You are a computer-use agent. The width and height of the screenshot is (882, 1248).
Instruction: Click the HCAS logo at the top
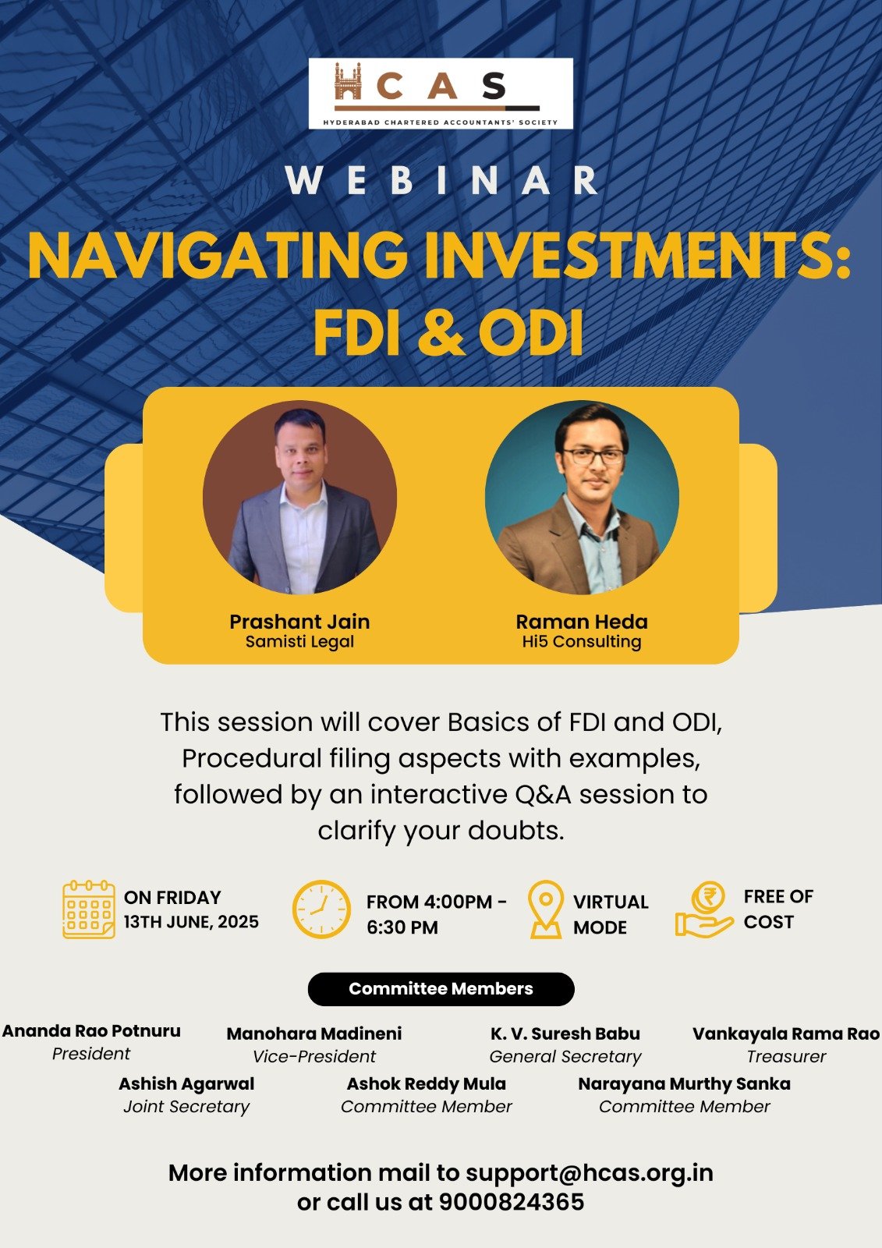[441, 94]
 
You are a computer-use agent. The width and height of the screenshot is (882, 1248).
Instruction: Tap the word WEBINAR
[441, 180]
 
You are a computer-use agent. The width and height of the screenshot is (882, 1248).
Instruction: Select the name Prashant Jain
[299, 622]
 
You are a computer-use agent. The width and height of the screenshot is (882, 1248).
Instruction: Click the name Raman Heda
[582, 622]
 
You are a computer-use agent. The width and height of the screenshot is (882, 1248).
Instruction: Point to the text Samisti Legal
[299, 642]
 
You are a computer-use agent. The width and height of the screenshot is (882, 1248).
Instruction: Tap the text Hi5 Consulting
[582, 642]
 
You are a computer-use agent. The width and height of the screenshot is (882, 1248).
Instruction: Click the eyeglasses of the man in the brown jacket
[592, 456]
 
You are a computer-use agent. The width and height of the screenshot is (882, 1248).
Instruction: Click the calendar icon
[89, 909]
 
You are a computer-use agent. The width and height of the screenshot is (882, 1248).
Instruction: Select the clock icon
[321, 909]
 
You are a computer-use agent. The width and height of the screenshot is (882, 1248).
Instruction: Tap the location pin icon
[546, 909]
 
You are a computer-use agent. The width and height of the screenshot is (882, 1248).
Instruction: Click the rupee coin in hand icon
[704, 909]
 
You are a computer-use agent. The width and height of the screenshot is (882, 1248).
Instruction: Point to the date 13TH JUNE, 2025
[191, 922]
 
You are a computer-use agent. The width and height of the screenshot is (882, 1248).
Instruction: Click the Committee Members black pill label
[441, 989]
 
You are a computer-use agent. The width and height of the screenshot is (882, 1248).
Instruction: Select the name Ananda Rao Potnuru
[91, 1031]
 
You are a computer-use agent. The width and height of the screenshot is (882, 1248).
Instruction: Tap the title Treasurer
[786, 1057]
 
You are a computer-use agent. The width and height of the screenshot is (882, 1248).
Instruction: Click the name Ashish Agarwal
[186, 1084]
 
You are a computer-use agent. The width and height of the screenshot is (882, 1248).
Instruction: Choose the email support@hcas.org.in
[590, 1173]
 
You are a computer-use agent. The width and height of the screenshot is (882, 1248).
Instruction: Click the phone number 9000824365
[512, 1202]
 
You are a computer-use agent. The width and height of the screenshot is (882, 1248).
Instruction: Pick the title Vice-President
[314, 1057]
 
